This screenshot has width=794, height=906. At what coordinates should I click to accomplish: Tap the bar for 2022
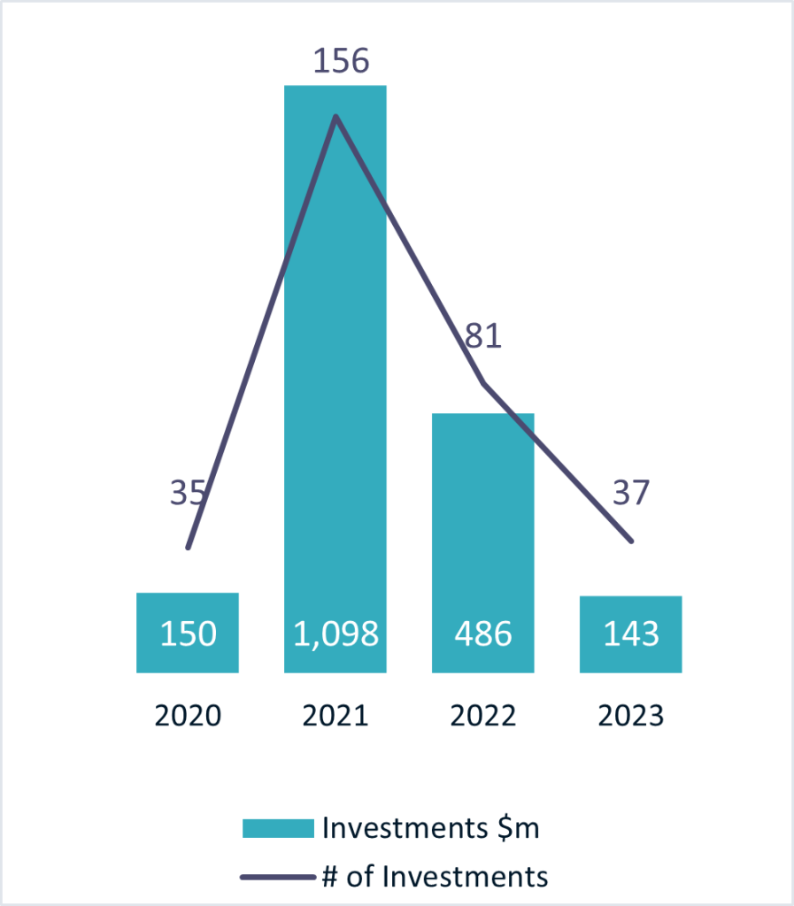482,531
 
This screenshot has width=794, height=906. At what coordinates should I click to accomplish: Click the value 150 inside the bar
188,633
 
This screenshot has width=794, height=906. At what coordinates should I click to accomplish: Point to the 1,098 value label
335,633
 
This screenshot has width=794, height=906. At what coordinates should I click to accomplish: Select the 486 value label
482,633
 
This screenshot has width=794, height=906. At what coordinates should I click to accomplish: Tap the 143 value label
630,633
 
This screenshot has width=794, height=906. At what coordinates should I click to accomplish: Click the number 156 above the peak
341,61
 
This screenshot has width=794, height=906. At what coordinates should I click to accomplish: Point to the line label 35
187,493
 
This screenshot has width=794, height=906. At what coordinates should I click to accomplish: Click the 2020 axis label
188,715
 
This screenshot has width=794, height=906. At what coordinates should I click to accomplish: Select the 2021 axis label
335,715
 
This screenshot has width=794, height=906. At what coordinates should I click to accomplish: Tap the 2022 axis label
482,715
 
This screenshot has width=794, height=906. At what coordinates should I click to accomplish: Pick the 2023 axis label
630,715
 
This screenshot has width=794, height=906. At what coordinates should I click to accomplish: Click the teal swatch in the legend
278,829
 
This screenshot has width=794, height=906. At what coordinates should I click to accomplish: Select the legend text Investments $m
430,829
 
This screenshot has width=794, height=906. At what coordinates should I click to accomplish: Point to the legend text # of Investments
435,877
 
